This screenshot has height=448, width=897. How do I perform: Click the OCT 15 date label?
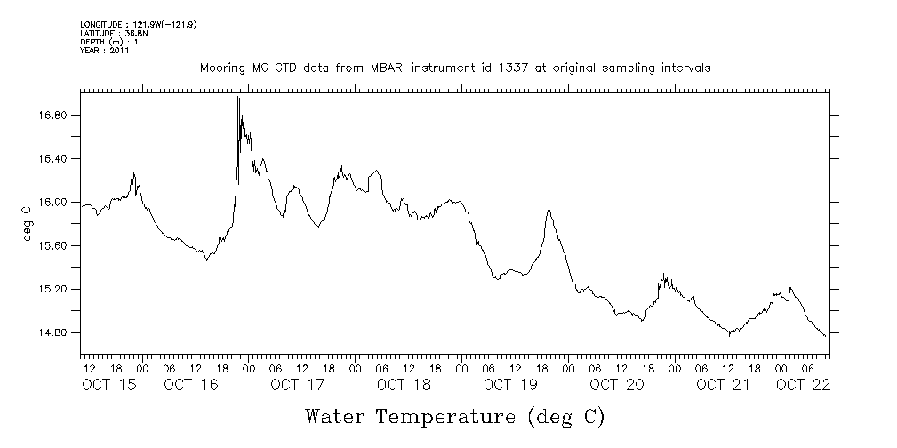pyautogui.click(x=109, y=385)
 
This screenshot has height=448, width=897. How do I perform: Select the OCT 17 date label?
pyautogui.click(x=298, y=385)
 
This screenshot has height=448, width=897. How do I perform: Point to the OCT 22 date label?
pyautogui.click(x=803, y=385)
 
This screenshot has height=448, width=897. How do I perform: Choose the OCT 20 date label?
pyautogui.click(x=617, y=385)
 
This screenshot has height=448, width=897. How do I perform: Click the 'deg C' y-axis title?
pyautogui.click(x=26, y=224)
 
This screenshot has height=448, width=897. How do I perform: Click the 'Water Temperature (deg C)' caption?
pyautogui.click(x=454, y=416)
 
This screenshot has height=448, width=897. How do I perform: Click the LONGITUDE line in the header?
pyautogui.click(x=138, y=24)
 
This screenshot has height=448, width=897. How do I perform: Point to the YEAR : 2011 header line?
pyautogui.click(x=105, y=51)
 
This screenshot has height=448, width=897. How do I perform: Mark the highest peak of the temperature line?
pyautogui.click(x=238, y=97)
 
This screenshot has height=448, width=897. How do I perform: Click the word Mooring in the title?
pyautogui.click(x=222, y=68)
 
